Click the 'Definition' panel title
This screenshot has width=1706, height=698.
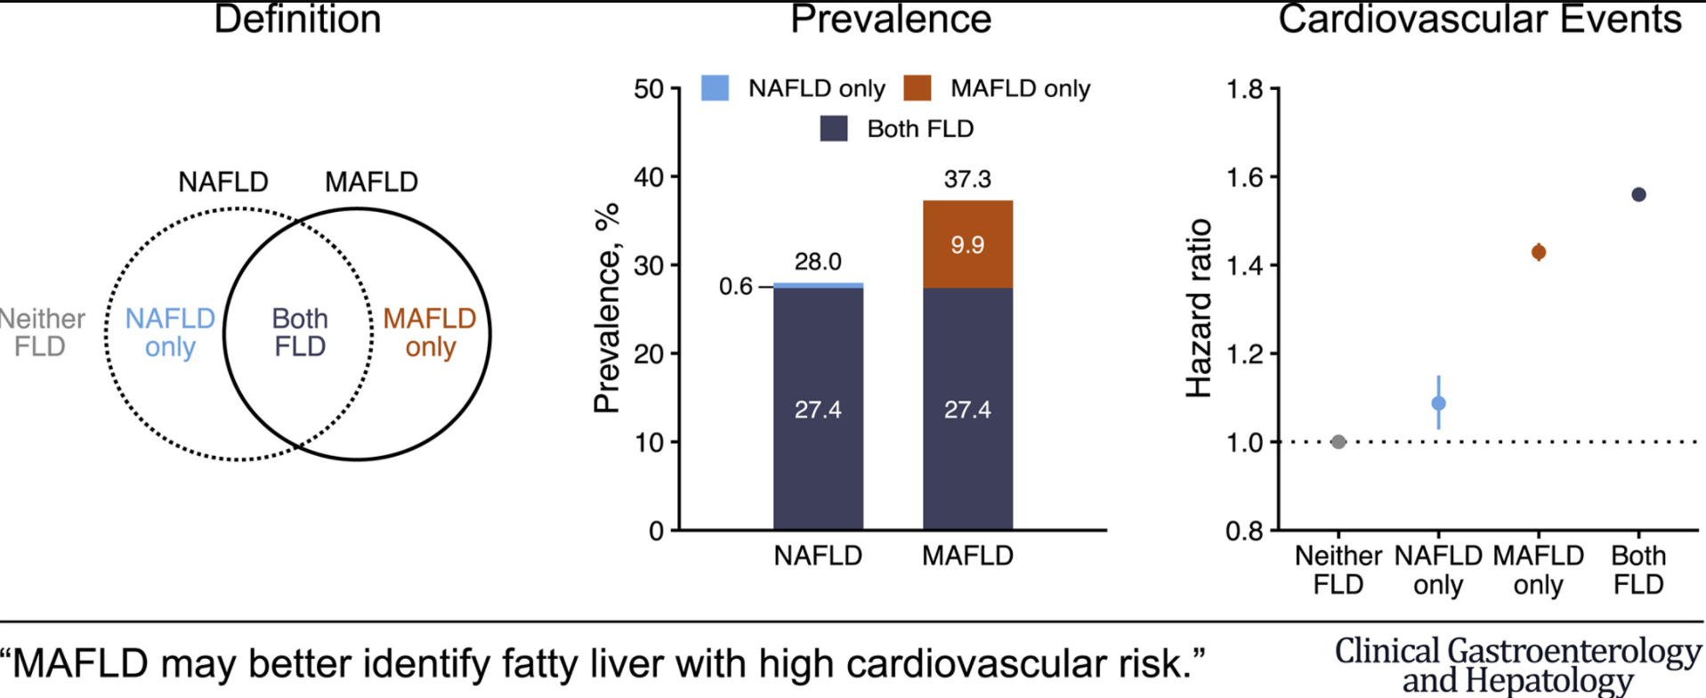tap(297, 20)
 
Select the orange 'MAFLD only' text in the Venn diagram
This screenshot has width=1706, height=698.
tap(430, 332)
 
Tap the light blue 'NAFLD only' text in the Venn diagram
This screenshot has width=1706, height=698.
tap(170, 332)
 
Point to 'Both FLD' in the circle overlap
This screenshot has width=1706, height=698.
tap(300, 332)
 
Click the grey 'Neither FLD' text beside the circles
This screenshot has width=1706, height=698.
tap(41, 332)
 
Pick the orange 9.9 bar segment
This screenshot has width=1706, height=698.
tap(967, 245)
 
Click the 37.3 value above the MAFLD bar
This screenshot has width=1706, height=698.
tap(967, 180)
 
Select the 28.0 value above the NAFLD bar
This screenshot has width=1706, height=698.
tap(818, 262)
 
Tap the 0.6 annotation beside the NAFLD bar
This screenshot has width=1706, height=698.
tap(736, 287)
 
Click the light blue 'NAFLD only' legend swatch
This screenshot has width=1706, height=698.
tap(715, 88)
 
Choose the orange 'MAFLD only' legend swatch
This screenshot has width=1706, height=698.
tap(917, 88)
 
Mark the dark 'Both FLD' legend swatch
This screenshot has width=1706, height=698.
tap(834, 129)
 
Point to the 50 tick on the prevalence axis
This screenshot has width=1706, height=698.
tap(649, 89)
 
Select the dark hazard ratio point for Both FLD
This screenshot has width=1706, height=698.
tap(1638, 194)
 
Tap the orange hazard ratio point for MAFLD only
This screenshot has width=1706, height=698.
tap(1539, 252)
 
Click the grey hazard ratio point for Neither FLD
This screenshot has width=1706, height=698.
tap(1338, 442)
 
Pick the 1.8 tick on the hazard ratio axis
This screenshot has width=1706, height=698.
tap(1244, 89)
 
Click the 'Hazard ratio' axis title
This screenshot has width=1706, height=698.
tap(1200, 308)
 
